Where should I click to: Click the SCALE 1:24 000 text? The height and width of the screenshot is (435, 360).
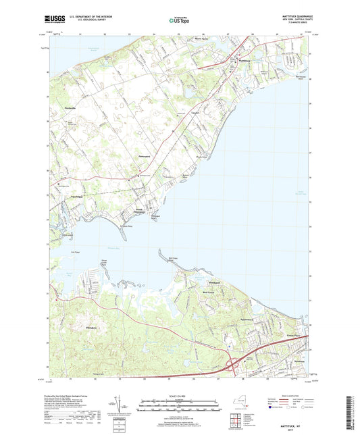(x=180, y=395)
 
